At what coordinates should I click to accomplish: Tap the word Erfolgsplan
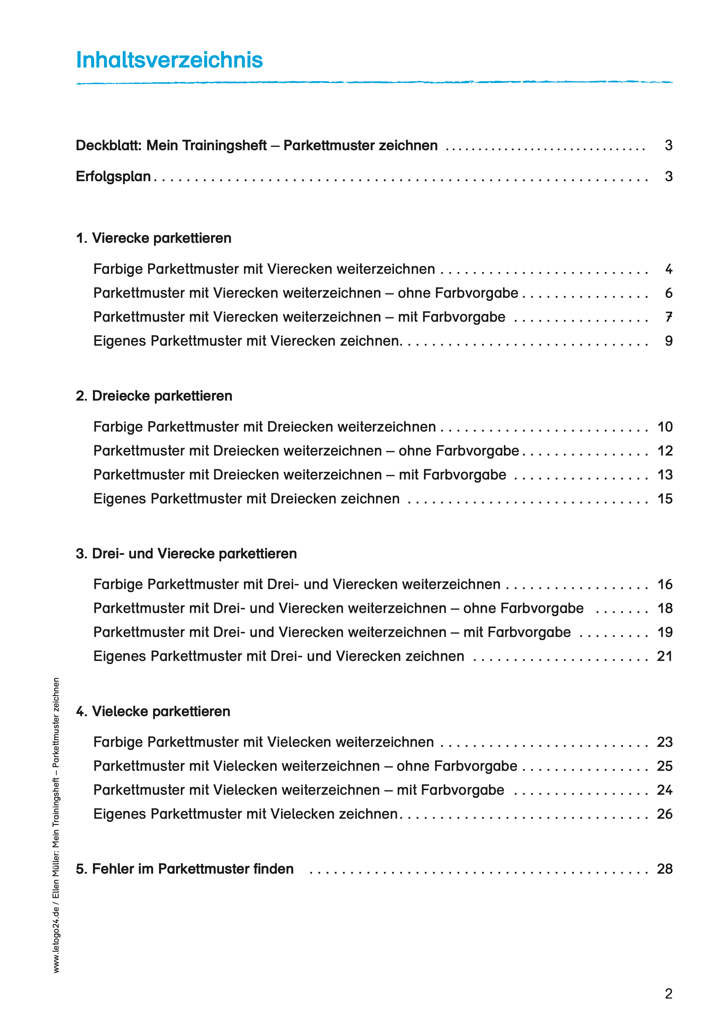tap(113, 176)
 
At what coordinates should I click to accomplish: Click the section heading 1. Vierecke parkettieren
tap(154, 238)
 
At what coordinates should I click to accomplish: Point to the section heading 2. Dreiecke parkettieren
tap(154, 396)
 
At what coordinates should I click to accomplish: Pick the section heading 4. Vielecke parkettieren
tap(153, 711)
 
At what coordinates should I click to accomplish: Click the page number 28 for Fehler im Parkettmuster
tap(664, 869)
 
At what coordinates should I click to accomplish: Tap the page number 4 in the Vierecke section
tap(668, 269)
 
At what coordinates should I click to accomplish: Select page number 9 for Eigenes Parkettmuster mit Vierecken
tap(668, 341)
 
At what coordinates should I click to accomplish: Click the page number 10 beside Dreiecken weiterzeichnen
tap(665, 427)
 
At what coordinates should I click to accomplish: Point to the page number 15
tap(665, 499)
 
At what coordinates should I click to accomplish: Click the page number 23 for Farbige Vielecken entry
tap(664, 742)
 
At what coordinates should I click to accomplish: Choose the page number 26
tap(664, 814)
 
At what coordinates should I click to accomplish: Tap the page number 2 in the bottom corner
tap(668, 994)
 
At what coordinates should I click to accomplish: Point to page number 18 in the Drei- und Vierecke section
tap(665, 608)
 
